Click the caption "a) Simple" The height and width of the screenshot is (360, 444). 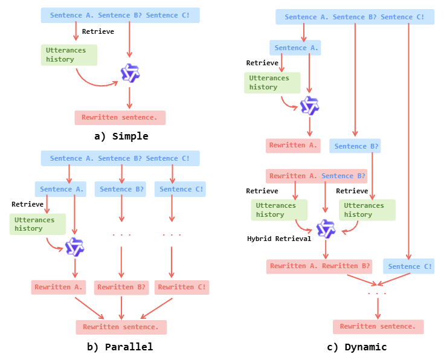(x=121, y=136)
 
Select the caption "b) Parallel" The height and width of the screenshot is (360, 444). (x=120, y=347)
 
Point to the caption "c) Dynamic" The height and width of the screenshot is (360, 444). (x=356, y=347)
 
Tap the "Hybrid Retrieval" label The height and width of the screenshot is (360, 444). (x=278, y=239)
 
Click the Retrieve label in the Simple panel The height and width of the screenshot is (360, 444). (x=98, y=31)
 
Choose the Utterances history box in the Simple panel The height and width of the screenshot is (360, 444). (x=69, y=55)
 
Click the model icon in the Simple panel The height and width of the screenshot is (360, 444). (x=130, y=73)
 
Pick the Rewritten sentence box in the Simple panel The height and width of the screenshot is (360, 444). (x=120, y=117)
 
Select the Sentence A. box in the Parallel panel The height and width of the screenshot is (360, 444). (x=60, y=189)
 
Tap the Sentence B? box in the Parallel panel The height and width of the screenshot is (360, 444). (x=121, y=189)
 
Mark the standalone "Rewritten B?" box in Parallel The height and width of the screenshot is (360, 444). (x=121, y=287)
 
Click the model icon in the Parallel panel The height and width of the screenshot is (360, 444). (x=75, y=247)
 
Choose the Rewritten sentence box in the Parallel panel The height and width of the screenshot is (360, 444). (x=121, y=327)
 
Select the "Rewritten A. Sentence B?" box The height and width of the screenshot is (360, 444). (x=317, y=176)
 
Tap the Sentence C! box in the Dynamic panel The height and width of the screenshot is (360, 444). (x=408, y=266)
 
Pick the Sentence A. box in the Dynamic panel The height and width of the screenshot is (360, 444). (x=294, y=48)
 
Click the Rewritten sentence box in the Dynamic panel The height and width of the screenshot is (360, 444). (x=378, y=326)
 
